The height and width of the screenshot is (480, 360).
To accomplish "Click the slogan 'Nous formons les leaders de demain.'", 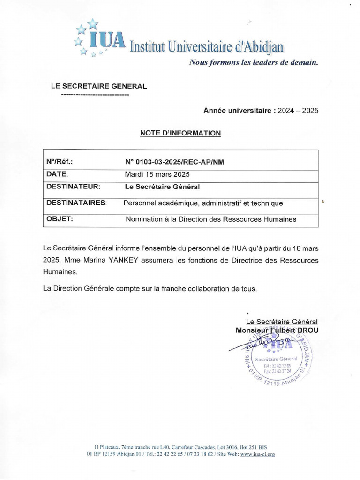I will (x=253, y=62).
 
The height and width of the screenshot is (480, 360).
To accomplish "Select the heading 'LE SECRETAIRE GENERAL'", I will (x=98, y=86).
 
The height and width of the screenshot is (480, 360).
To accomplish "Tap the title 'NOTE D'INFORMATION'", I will (x=180, y=133).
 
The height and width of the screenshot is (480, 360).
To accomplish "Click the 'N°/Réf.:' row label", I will (x=60, y=162).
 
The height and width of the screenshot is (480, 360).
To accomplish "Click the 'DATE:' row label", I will (x=57, y=174).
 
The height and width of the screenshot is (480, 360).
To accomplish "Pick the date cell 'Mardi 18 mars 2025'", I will (x=157, y=174).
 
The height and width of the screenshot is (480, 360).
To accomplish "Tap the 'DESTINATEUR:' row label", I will (x=74, y=187).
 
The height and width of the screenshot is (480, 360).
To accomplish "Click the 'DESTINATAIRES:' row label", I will (x=76, y=203).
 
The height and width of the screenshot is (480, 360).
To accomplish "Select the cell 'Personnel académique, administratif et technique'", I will (x=203, y=203).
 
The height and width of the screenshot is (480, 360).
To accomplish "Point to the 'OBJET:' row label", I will (x=60, y=219).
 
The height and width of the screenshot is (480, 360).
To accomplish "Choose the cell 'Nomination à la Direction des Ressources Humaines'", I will (x=211, y=219).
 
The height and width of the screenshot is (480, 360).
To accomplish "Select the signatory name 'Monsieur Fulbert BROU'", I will (x=277, y=330).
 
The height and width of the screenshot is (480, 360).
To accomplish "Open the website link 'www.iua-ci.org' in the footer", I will (x=257, y=454).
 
